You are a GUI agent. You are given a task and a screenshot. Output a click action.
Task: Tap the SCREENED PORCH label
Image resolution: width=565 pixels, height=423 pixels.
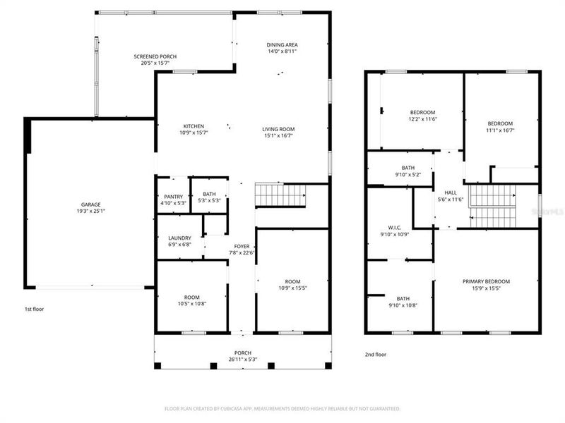point(155,56)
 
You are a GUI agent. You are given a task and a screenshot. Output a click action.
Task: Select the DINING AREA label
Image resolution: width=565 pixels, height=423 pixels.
point(282,44)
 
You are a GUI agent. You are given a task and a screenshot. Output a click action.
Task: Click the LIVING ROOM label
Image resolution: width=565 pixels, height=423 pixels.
point(278,129)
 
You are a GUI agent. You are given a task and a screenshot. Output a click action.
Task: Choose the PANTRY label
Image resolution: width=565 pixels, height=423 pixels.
point(173,197)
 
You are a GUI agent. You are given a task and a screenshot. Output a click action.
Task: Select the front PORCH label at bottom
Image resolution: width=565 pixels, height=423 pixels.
point(242,352)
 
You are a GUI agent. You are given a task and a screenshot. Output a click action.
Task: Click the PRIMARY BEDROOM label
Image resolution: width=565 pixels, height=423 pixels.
point(486,281)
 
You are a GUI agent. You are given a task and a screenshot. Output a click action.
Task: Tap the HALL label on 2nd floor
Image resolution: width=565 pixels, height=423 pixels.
point(450,192)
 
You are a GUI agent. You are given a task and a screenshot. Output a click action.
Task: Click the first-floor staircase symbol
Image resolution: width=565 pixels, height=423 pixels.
point(281,195)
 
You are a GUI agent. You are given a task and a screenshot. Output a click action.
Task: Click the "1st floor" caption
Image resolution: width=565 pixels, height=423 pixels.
point(35,308)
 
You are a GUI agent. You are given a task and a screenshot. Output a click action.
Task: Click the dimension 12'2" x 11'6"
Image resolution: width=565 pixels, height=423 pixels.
point(423,120)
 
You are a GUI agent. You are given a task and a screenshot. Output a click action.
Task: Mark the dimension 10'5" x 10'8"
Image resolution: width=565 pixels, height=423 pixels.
point(192,304)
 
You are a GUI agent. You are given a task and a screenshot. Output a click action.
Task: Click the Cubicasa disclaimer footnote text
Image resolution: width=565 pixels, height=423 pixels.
point(282,408)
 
